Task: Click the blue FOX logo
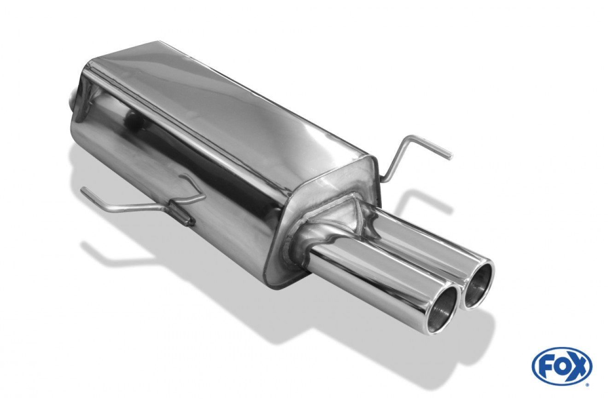[x=562, y=370]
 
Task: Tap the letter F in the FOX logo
[x=546, y=370]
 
